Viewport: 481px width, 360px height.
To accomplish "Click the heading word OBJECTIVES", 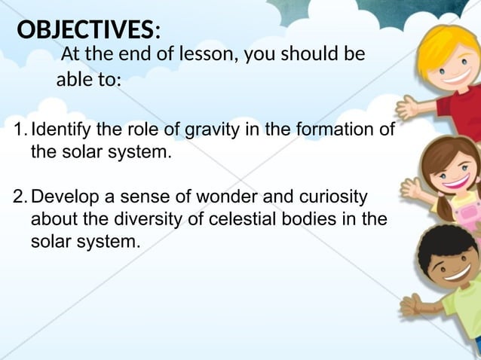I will (84, 30).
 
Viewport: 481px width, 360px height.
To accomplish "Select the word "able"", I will (73, 79).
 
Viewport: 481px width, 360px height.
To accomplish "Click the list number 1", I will (20, 130).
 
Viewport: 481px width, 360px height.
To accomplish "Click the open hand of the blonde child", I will (408, 108).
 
